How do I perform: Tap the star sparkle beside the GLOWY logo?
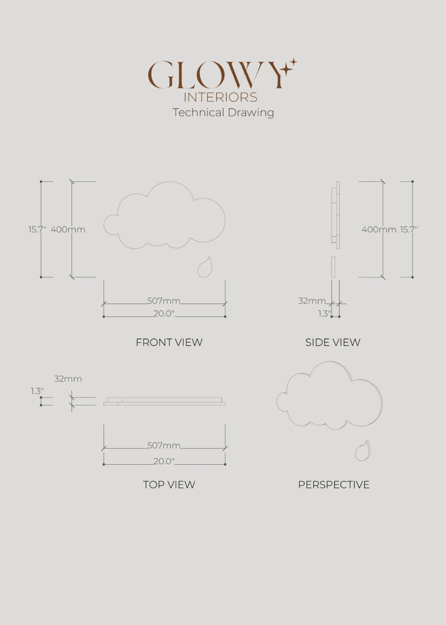coord(290,66)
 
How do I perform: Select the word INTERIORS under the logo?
coord(220,97)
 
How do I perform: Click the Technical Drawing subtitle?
coord(223,112)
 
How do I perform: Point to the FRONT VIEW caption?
coord(169,342)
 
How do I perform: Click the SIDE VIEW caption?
coord(333,342)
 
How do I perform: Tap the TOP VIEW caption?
coord(169,485)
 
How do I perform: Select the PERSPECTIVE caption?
coord(334,485)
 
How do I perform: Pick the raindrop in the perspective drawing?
coord(362,451)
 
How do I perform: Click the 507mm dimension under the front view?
coord(164,301)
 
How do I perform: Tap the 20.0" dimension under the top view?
coord(164,461)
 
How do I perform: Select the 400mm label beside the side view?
coord(379,230)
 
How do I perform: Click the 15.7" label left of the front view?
coord(37,230)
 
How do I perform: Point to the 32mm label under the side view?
coord(312,301)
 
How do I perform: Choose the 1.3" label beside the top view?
coord(37,391)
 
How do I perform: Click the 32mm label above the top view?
coord(68,379)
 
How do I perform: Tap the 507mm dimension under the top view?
coord(164,445)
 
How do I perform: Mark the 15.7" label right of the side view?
coord(409,230)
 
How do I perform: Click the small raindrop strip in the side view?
coord(333,267)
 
